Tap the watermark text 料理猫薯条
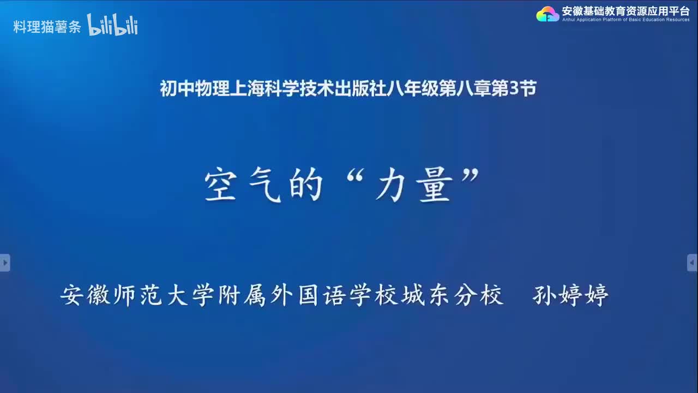tap(47, 27)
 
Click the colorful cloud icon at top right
tap(547, 14)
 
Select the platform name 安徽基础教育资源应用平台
tap(625, 10)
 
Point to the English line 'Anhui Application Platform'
tap(625, 20)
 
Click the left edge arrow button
tap(5, 263)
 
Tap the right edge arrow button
tap(693, 263)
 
